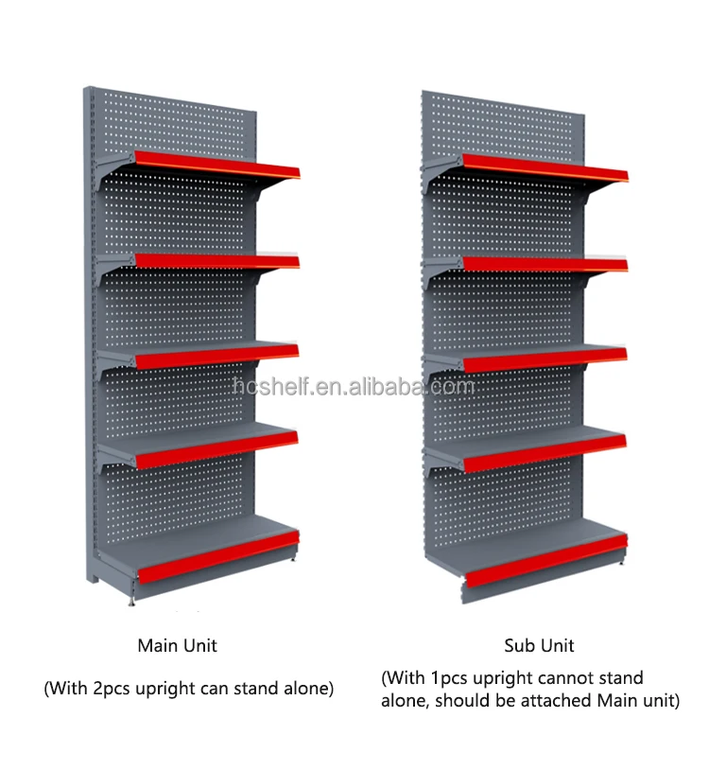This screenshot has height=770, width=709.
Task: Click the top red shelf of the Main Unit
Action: pyautogui.click(x=217, y=166)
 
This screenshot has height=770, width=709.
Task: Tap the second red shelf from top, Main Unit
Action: pyautogui.click(x=217, y=260)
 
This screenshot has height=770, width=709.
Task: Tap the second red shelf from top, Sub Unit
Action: pyautogui.click(x=545, y=264)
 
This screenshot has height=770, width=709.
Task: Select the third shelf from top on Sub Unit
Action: pyautogui.click(x=545, y=358)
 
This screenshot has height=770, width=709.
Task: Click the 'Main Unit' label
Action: pyautogui.click(x=178, y=646)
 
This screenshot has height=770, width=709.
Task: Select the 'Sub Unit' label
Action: pyautogui.click(x=539, y=646)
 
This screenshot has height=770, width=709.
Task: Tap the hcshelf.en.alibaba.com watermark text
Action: pyautogui.click(x=354, y=386)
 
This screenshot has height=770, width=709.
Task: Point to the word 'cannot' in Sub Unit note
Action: pyautogui.click(x=566, y=678)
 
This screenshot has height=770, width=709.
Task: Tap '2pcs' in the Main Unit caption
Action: pyautogui.click(x=112, y=689)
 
